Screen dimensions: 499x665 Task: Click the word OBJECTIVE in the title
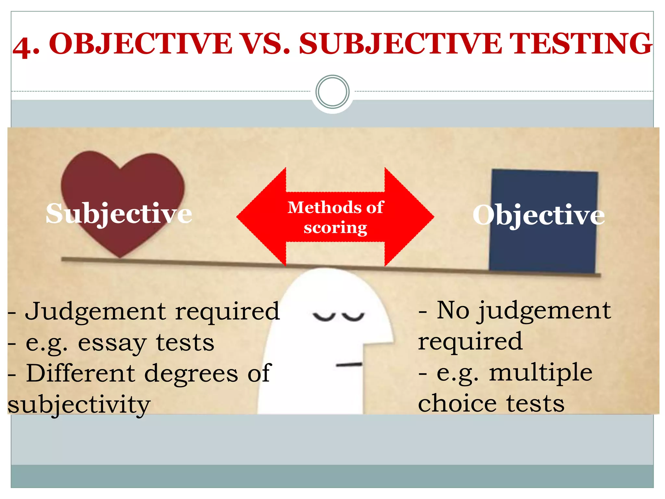click(x=140, y=44)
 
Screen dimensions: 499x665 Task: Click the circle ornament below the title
click(x=332, y=92)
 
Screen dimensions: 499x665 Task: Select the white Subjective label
click(x=119, y=213)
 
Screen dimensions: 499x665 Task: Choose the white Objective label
click(x=538, y=215)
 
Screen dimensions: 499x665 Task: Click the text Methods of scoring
click(x=335, y=217)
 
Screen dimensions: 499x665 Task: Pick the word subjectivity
click(x=79, y=404)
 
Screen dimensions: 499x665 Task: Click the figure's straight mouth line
click(x=349, y=365)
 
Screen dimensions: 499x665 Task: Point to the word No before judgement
click(x=453, y=310)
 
